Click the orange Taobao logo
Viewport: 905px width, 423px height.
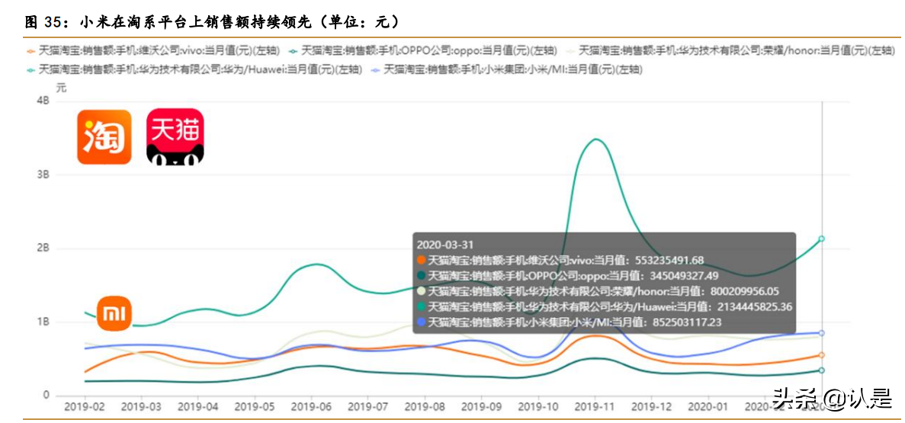click(x=104, y=136)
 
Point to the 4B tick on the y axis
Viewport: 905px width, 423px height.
click(x=43, y=101)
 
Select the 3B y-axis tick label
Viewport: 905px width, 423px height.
click(x=43, y=175)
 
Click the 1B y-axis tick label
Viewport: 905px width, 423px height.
click(x=43, y=322)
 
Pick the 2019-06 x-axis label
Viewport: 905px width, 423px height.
click(x=310, y=407)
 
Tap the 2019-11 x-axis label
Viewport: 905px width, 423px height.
click(x=595, y=407)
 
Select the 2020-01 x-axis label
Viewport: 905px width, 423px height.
click(x=709, y=407)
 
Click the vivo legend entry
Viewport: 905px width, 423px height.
click(x=152, y=51)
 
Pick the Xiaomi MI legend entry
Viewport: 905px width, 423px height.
click(x=506, y=69)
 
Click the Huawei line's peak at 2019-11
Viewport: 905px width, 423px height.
click(x=595, y=139)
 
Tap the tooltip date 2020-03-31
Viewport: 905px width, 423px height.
click(x=445, y=245)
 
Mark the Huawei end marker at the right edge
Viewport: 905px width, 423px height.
click(x=821, y=239)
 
